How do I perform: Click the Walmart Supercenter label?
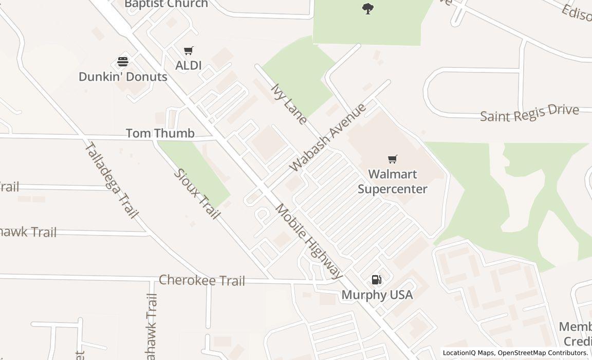pyautogui.click(x=392, y=182)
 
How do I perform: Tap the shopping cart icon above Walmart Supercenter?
pyautogui.click(x=393, y=159)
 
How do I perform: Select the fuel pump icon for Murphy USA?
pyautogui.click(x=377, y=280)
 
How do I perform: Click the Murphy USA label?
pyautogui.click(x=377, y=295)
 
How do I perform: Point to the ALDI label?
pyautogui.click(x=188, y=65)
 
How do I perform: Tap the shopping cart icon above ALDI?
pyautogui.click(x=189, y=51)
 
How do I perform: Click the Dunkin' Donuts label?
pyautogui.click(x=123, y=77)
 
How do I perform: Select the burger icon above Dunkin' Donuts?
pyautogui.click(x=123, y=62)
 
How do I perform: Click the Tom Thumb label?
pyautogui.click(x=160, y=133)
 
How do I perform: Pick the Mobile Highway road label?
pyautogui.click(x=309, y=241)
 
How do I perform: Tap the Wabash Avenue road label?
pyautogui.click(x=328, y=137)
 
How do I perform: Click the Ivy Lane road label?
pyautogui.click(x=288, y=104)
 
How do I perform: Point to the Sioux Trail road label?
pyautogui.click(x=197, y=194)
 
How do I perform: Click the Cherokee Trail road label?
pyautogui.click(x=202, y=280)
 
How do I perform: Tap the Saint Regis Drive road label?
pyautogui.click(x=529, y=113)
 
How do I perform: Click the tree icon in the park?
pyautogui.click(x=367, y=9)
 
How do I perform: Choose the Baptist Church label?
pyautogui.click(x=166, y=4)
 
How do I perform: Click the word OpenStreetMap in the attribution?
pyautogui.click(x=521, y=353)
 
